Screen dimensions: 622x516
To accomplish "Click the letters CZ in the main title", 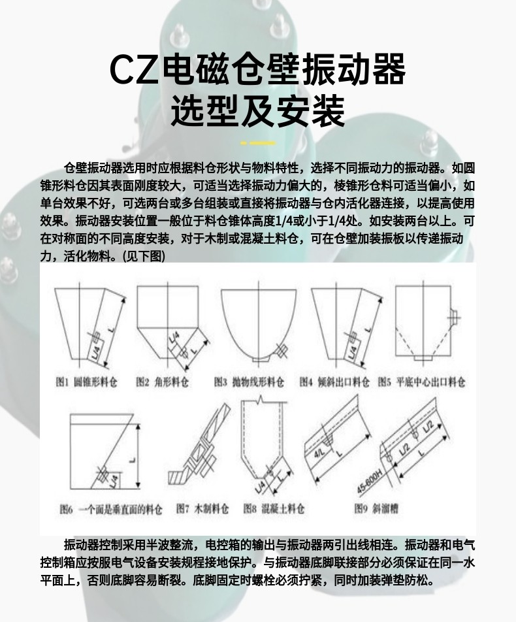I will [x=134, y=69].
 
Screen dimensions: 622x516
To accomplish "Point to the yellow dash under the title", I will [x=258, y=142].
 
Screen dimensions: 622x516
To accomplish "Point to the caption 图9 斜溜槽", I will [x=378, y=508].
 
